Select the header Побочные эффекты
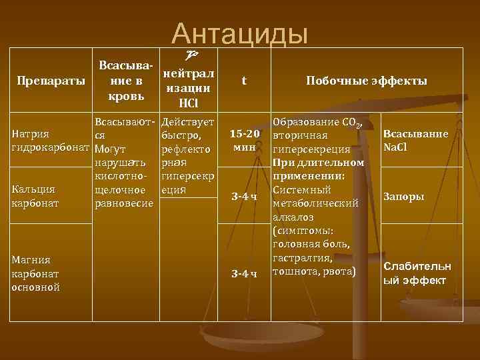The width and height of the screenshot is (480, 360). tap(366, 81)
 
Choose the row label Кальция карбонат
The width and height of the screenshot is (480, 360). tap(36, 195)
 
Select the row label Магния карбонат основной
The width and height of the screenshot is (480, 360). tap(37, 273)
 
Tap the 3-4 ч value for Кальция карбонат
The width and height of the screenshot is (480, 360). tap(244, 196)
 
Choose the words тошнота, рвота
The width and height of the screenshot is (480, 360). tap(314, 271)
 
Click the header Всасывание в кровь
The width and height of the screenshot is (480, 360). tap(125, 81)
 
